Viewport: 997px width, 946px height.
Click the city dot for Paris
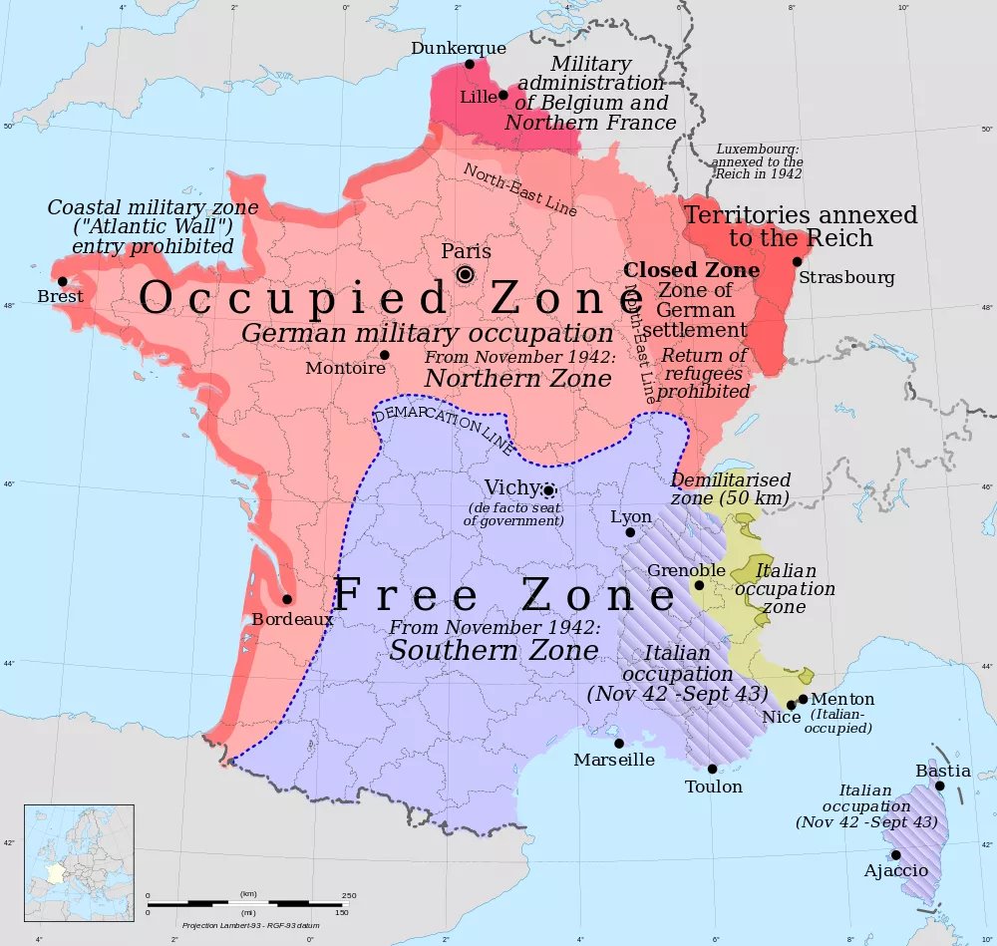(x=465, y=274)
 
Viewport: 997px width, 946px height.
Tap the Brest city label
(x=60, y=297)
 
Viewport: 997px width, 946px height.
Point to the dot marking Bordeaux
(x=287, y=599)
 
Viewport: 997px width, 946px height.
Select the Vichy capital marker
(x=547, y=490)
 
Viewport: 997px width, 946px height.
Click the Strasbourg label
(x=846, y=278)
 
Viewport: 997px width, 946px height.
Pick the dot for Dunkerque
(x=470, y=64)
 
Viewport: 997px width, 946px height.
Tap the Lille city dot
(x=503, y=96)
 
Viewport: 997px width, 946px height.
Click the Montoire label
(x=345, y=368)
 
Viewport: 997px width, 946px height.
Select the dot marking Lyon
(x=630, y=532)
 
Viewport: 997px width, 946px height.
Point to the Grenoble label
(x=686, y=570)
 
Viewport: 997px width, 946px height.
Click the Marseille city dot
(x=619, y=743)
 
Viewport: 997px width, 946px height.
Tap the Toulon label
(x=713, y=787)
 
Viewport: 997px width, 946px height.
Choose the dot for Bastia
(x=939, y=786)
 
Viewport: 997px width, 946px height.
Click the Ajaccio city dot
(x=895, y=854)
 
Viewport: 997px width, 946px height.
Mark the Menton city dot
(x=803, y=699)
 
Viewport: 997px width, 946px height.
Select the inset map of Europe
(x=79, y=860)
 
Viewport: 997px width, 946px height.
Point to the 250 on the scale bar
(x=349, y=895)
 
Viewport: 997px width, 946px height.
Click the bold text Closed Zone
(x=691, y=270)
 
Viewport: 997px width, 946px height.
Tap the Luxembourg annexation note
(x=758, y=161)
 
